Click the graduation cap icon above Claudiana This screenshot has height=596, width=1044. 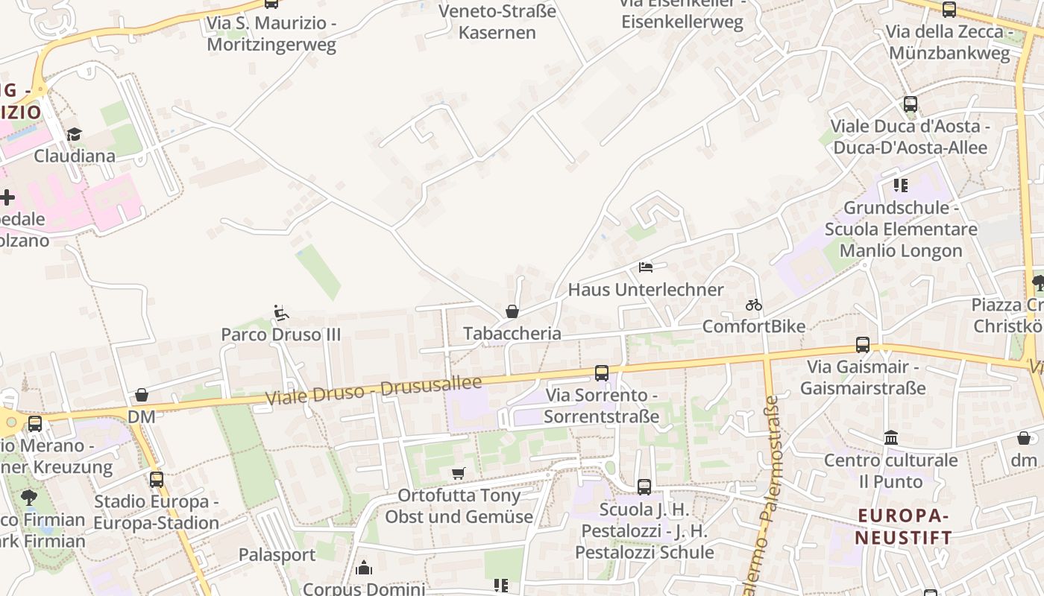74,134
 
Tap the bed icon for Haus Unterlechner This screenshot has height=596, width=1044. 646,267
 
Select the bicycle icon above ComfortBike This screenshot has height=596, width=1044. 754,305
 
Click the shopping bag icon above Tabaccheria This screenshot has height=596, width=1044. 512,311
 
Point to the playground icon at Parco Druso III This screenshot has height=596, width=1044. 280,313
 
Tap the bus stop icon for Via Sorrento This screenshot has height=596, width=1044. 602,372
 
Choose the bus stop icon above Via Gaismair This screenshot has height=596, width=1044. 863,345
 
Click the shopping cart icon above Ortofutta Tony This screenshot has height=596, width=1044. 459,473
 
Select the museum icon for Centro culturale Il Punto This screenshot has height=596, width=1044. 891,438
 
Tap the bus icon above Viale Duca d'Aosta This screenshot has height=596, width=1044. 911,104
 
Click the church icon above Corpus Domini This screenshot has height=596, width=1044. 364,568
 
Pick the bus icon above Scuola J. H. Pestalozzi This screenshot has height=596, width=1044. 644,487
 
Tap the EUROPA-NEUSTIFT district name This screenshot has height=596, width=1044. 903,526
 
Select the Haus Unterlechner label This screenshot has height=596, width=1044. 646,290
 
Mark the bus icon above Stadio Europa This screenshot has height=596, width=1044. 157,479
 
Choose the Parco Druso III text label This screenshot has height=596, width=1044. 280,335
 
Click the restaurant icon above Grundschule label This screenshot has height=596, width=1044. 901,185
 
